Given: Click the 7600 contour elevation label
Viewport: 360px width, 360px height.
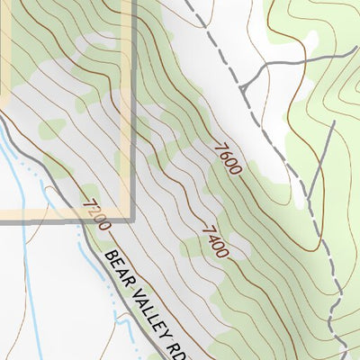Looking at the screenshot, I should [227, 158].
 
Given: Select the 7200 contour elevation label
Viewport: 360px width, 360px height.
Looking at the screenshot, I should [95, 215].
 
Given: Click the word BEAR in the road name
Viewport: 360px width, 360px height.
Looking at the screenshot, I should [117, 265].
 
